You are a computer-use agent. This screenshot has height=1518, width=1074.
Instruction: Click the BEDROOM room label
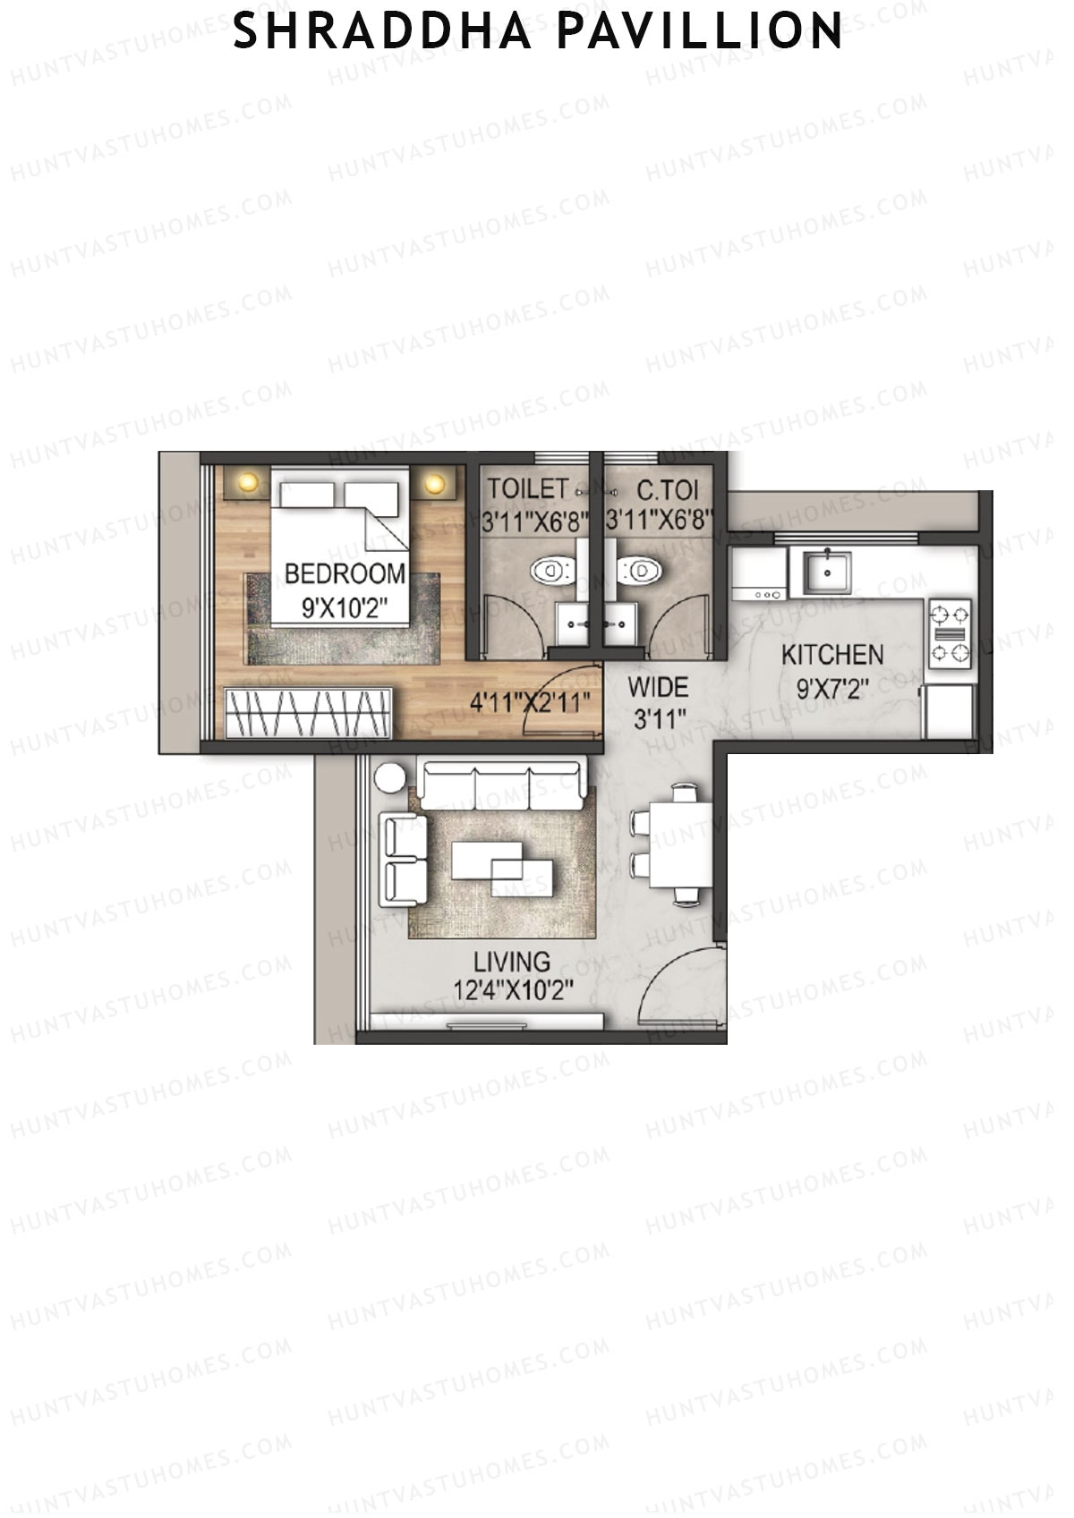point(345,573)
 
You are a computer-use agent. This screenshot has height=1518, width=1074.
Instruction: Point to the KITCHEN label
point(832,655)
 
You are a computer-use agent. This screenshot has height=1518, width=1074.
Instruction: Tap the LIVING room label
point(512,963)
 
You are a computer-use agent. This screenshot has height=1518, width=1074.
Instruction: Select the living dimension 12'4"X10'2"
point(512,991)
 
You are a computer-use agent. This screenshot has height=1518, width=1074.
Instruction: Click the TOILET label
point(527,489)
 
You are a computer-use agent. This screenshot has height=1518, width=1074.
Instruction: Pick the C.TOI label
point(667,490)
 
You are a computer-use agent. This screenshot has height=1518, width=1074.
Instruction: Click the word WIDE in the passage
point(658,688)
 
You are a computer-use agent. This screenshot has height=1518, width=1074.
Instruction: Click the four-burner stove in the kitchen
point(950,633)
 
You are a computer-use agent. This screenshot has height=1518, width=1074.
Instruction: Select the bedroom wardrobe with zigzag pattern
point(308,713)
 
